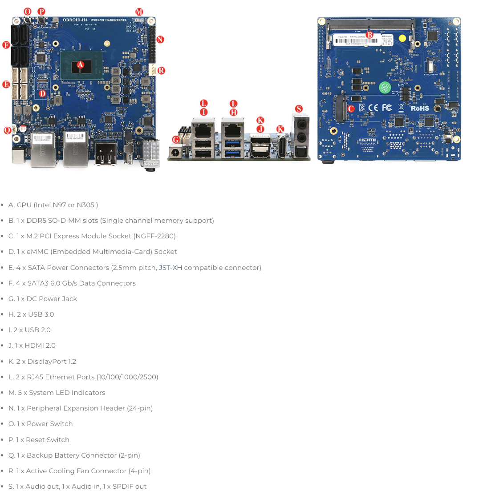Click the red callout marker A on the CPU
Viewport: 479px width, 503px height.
coord(80,65)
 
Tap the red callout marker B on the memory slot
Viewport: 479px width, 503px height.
coord(369,35)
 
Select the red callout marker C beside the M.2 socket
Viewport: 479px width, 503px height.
coord(351,109)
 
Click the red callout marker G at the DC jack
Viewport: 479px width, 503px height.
coord(176,140)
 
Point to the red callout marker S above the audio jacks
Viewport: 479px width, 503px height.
coord(299,109)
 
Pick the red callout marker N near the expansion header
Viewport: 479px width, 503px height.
coord(160,40)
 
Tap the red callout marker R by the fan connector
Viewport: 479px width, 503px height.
coord(161,70)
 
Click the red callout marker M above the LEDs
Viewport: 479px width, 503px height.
coord(139,12)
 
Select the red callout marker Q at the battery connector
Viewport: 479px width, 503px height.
coord(7,130)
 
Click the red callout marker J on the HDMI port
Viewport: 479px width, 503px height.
coord(260,129)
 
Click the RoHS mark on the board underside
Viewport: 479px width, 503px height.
coord(419,108)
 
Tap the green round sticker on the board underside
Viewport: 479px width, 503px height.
coord(385,88)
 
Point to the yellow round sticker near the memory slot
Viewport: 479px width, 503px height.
coord(402,38)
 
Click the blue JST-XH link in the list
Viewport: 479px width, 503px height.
coord(170,268)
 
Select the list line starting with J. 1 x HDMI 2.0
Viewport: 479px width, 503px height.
coord(32,346)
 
